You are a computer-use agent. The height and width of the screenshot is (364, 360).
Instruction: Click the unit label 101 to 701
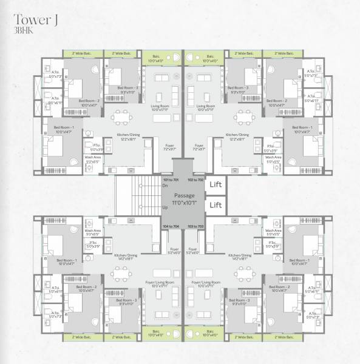coord(171,181)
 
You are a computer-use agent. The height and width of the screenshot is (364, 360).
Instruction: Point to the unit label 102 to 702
coord(195,181)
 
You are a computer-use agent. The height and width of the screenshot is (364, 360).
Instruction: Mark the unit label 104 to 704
coord(171,226)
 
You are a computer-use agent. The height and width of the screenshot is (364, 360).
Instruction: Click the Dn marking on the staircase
coord(165,186)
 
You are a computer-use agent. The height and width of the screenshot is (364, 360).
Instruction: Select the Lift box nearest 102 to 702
coord(216,184)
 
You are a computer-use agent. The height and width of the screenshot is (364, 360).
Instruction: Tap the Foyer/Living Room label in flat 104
coord(159,283)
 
